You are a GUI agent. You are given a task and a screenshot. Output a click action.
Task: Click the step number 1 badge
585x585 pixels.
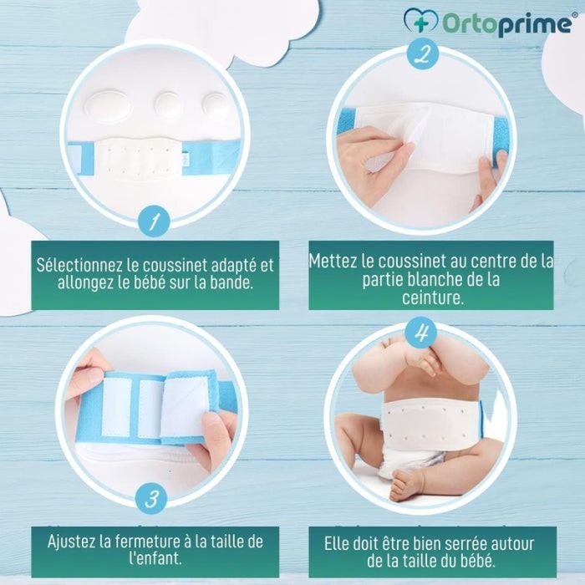154,221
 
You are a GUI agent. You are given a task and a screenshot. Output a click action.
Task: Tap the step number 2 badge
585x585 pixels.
423,53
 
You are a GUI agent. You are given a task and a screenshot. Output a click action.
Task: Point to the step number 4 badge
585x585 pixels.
421,333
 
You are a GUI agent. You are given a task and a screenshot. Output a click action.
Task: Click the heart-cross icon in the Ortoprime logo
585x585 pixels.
421,22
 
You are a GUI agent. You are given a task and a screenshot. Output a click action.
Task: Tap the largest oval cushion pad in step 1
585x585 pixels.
109,105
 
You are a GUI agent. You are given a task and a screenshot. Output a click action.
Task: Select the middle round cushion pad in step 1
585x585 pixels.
169,105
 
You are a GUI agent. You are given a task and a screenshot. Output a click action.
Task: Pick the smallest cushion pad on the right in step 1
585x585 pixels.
216,106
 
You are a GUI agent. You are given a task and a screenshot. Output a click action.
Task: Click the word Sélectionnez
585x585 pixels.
79,265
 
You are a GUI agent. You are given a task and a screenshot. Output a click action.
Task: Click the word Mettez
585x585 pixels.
333,261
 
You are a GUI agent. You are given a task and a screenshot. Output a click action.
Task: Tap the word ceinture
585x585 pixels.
433,298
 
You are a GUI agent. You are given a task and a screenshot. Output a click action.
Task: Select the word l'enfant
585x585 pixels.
155,558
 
